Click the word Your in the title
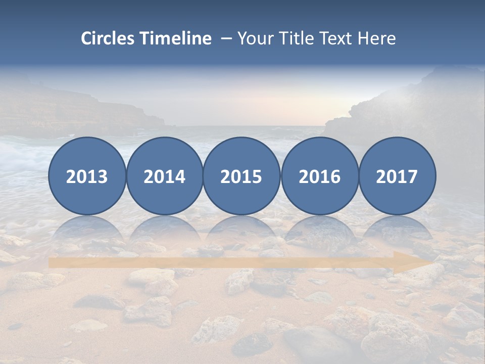coord(256,38)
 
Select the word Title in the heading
coord(298,38)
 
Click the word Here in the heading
coord(377,38)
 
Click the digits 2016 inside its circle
coord(320,177)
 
